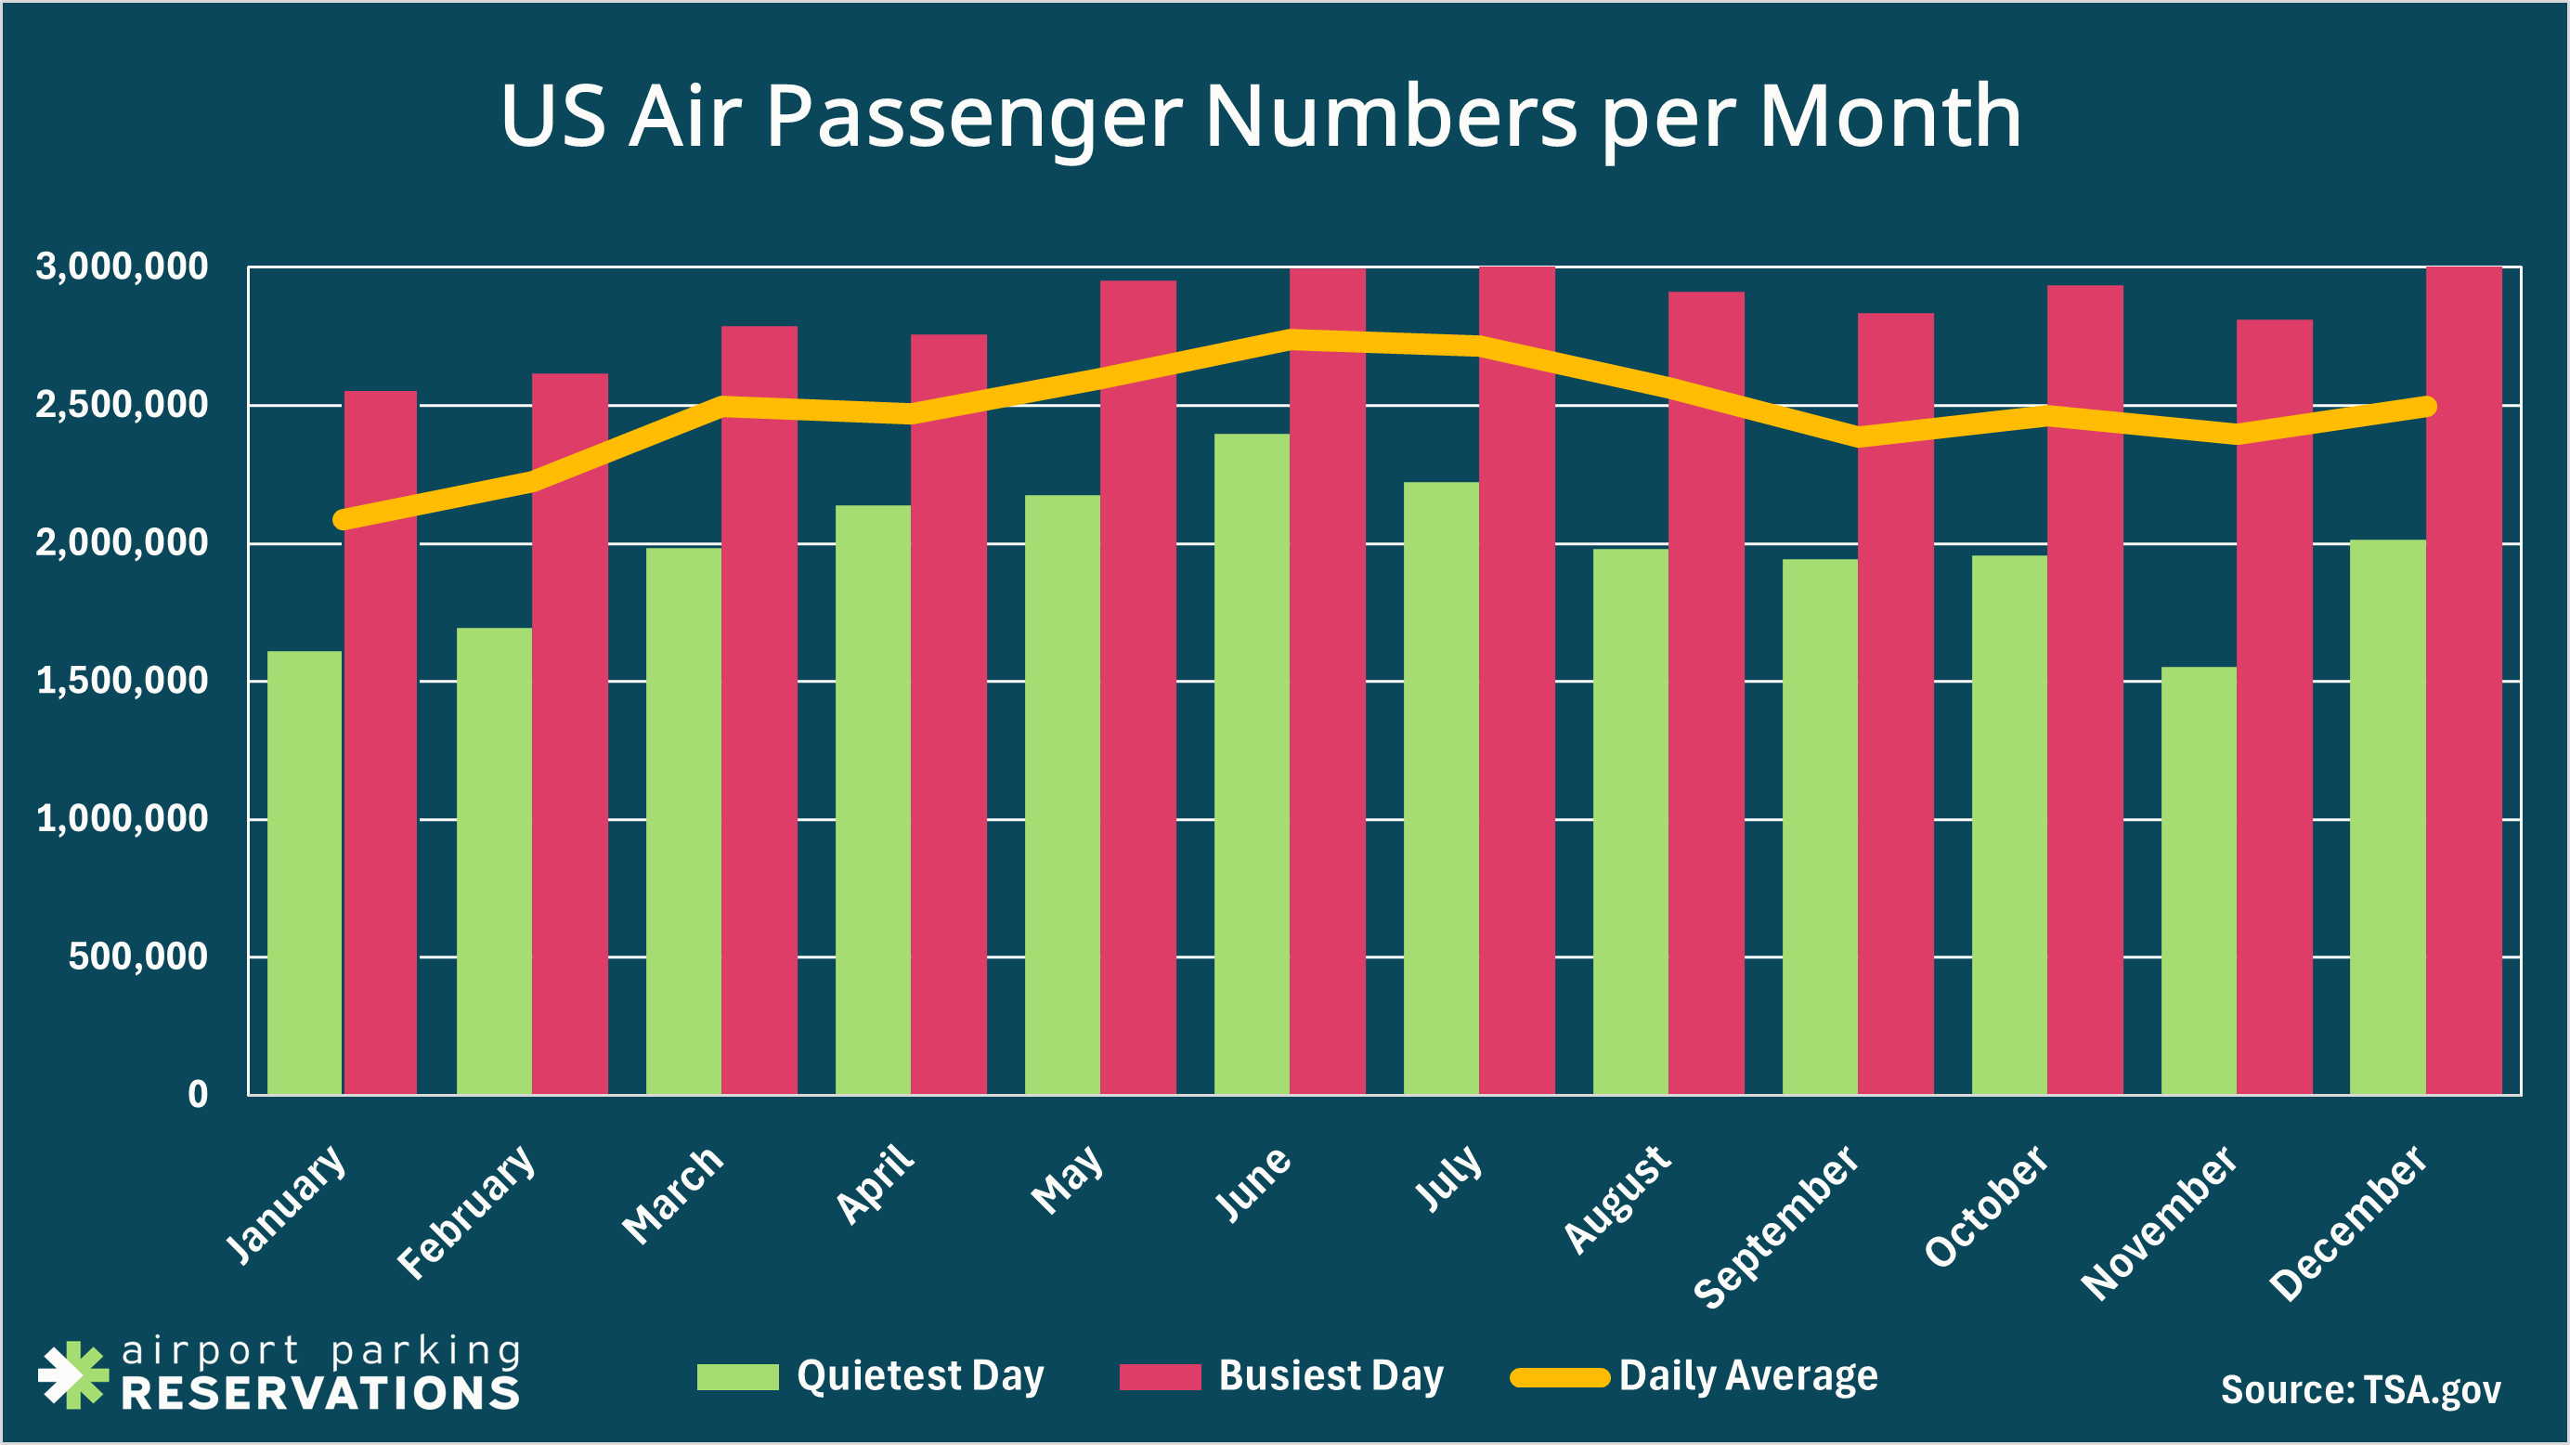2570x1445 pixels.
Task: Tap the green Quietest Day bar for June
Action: (1251, 763)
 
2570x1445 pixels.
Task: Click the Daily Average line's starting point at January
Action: (344, 519)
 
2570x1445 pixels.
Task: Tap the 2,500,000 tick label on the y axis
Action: (122, 405)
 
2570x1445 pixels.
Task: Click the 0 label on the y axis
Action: (198, 1095)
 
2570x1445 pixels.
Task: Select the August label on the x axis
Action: (1616, 1198)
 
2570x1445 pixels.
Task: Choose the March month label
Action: (672, 1194)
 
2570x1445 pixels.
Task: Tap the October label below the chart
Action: (1985, 1205)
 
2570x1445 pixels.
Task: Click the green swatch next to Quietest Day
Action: (737, 1377)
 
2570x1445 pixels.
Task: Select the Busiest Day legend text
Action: (1330, 1375)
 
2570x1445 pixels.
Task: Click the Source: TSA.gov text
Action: (2359, 1389)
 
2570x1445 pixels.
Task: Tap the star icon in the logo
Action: (71, 1375)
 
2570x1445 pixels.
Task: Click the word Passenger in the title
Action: (973, 118)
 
